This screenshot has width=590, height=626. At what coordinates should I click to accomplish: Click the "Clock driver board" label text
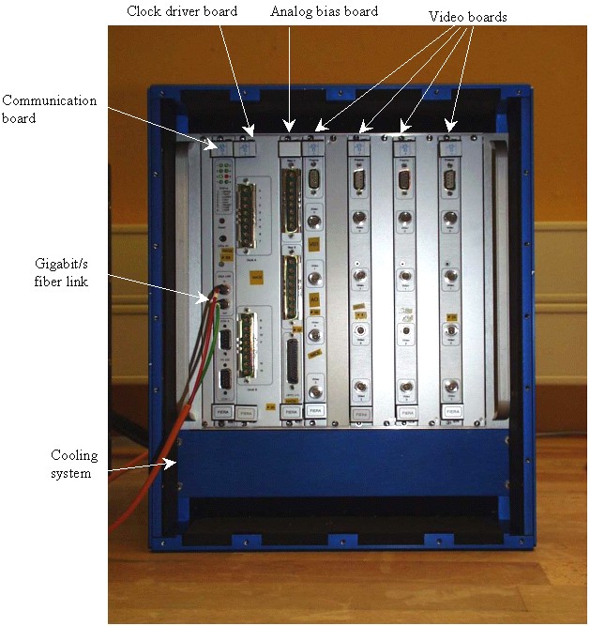tap(181, 11)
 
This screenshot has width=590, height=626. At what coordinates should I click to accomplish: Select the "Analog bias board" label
tap(324, 11)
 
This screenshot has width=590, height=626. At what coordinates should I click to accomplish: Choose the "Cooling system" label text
tap(74, 464)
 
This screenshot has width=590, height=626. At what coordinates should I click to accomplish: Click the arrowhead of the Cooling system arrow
tap(174, 460)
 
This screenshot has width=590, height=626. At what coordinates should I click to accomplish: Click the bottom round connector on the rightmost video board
tap(451, 388)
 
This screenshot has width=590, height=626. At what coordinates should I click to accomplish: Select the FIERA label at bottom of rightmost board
tap(452, 411)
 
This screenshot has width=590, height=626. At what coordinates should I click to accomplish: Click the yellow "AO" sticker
tap(316, 299)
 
